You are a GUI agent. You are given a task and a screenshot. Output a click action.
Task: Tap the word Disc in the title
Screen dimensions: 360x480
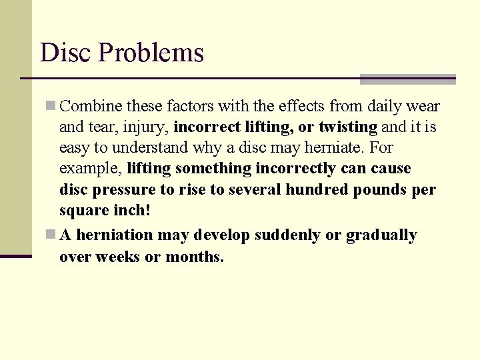65,53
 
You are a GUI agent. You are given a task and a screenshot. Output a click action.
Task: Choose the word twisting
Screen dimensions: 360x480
348,127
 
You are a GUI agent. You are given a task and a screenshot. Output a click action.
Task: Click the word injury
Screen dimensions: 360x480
149,127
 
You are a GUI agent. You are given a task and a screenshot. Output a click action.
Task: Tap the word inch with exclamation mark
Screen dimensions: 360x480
129,210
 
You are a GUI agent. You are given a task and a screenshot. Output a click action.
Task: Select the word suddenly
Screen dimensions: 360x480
283,235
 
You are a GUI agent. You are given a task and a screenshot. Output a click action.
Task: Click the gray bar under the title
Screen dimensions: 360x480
407,79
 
